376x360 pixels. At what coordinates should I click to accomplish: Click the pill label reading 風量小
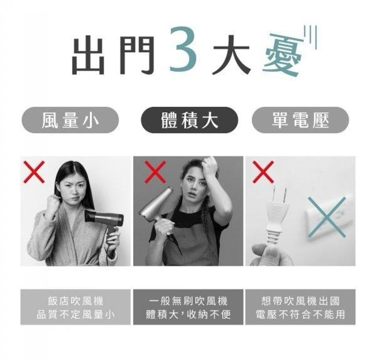click(x=70, y=120)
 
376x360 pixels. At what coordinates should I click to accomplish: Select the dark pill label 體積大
click(x=189, y=120)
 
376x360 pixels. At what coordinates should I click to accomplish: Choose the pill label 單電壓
click(x=300, y=120)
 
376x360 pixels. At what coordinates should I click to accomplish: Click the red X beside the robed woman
click(x=34, y=172)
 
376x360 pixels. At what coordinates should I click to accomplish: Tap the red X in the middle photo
click(x=155, y=172)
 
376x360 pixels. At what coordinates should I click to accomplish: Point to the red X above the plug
click(x=263, y=172)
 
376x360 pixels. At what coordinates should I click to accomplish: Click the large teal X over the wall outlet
click(x=326, y=217)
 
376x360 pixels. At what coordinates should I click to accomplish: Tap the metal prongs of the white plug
click(x=279, y=194)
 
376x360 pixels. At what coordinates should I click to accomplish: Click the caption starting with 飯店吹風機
click(x=76, y=307)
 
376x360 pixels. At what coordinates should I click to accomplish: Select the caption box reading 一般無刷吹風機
click(x=188, y=307)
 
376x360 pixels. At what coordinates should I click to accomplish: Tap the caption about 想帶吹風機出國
click(x=300, y=307)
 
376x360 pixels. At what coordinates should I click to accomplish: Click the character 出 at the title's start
click(x=88, y=55)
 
